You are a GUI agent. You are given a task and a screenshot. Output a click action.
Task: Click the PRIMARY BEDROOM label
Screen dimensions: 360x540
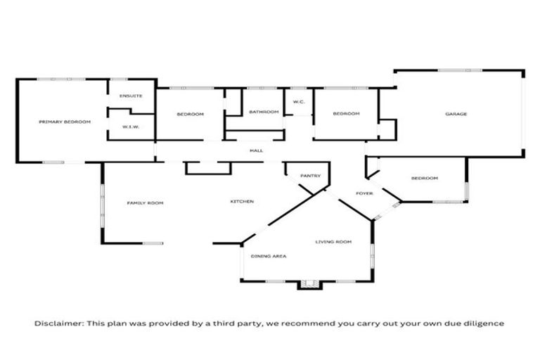(x=65, y=122)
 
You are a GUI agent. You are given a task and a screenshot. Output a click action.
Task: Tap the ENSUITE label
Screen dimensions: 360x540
(x=131, y=96)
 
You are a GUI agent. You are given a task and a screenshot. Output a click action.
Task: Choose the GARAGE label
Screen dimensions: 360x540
(x=456, y=114)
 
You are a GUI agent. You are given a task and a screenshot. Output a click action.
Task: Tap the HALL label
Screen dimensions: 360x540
(x=256, y=150)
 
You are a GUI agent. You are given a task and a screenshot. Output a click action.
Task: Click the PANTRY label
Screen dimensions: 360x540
(x=310, y=176)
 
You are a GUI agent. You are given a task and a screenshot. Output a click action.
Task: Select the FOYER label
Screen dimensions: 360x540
(x=364, y=193)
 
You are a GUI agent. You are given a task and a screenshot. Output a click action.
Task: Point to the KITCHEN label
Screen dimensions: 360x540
(x=242, y=202)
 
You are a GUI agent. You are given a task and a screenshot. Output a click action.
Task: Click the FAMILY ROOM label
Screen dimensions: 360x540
(x=145, y=203)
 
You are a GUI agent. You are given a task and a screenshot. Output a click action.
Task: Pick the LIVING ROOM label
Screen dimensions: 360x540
(x=333, y=242)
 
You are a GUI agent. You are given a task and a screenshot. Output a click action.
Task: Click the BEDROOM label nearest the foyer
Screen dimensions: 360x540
(x=425, y=178)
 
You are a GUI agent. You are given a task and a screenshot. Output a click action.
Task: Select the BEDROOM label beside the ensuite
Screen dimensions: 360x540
(x=190, y=114)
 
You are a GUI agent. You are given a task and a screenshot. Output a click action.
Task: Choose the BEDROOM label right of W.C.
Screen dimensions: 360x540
(x=346, y=114)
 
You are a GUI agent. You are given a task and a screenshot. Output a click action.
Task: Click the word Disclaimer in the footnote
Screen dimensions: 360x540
(x=59, y=323)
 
